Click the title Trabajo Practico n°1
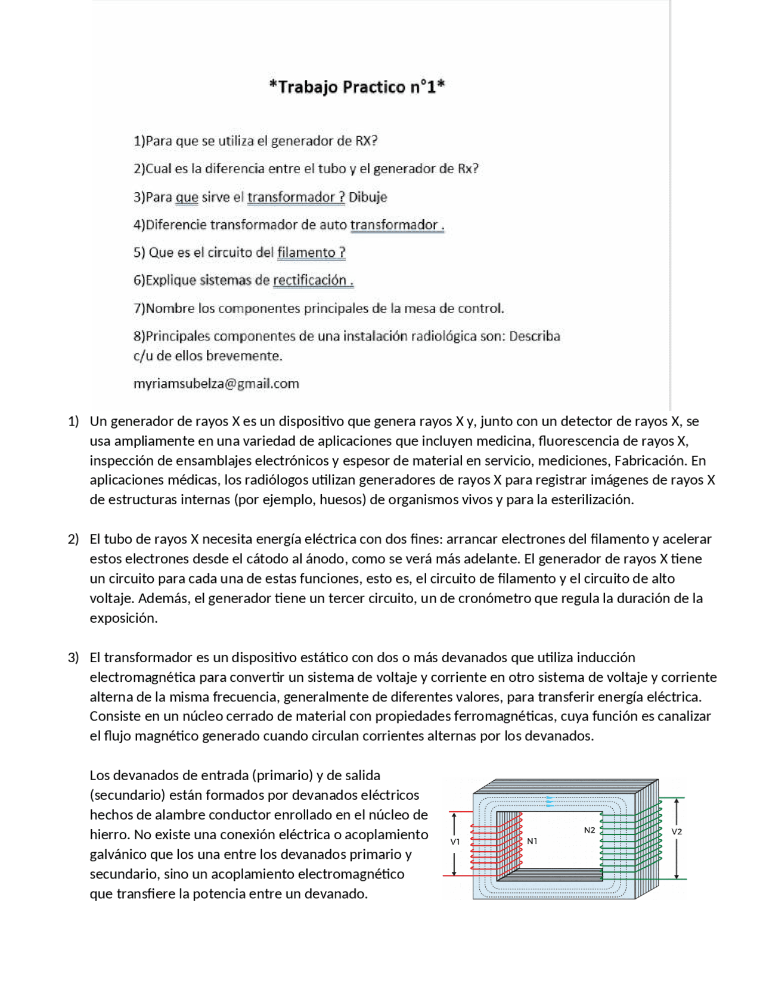357,87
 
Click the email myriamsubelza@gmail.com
216,384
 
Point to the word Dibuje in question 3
368,197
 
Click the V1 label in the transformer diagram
455,842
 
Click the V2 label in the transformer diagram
677,831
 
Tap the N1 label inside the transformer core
532,841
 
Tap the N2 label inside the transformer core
589,830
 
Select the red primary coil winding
496,846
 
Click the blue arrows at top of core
550,802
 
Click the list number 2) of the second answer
73,539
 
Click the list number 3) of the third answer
73,657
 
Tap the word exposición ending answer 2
123,618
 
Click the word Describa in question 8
535,336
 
